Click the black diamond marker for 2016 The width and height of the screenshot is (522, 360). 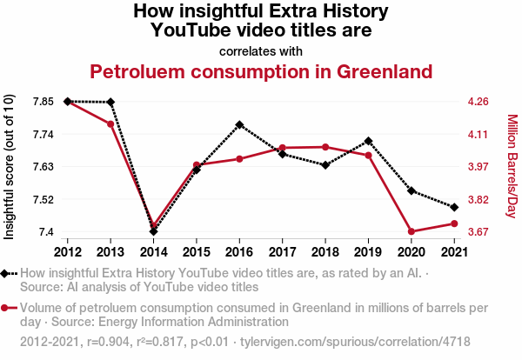pos(239,124)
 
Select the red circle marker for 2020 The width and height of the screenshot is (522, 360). pos(411,231)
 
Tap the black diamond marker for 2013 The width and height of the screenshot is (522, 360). pos(110,103)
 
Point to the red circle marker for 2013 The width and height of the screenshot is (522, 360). pos(110,124)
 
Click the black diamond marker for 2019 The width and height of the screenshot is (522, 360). pos(368,141)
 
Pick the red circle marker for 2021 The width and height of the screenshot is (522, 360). pos(453,223)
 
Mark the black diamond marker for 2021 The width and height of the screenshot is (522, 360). pos(453,207)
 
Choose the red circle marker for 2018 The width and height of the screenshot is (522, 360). pos(325,147)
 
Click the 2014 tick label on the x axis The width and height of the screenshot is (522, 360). pos(153,252)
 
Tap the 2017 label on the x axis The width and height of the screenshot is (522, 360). pos(282,252)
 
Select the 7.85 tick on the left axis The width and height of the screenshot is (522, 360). pos(43,102)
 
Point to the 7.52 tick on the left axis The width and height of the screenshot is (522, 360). pos(43,199)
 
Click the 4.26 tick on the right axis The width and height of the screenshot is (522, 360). pos(478,102)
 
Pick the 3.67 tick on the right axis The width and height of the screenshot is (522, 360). pos(478,232)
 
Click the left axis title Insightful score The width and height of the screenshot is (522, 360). pos(10,166)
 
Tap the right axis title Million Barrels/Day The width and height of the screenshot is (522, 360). pos(512,166)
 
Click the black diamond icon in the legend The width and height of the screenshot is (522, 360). pos(7,274)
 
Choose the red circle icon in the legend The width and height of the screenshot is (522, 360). pos(7,308)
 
